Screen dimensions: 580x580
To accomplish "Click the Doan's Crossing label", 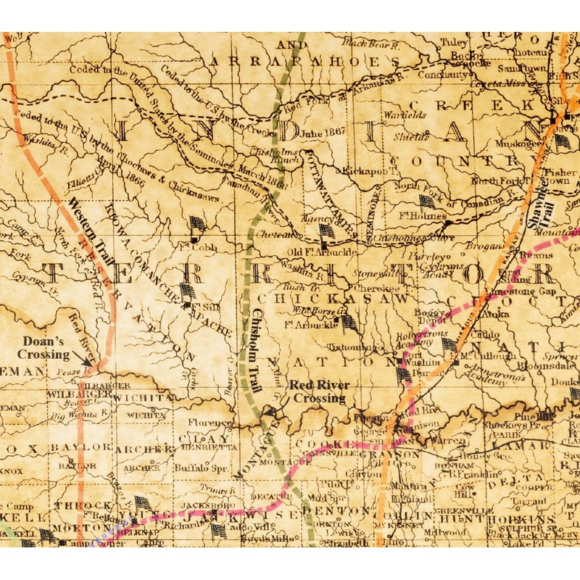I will pyautogui.click(x=46, y=347).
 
